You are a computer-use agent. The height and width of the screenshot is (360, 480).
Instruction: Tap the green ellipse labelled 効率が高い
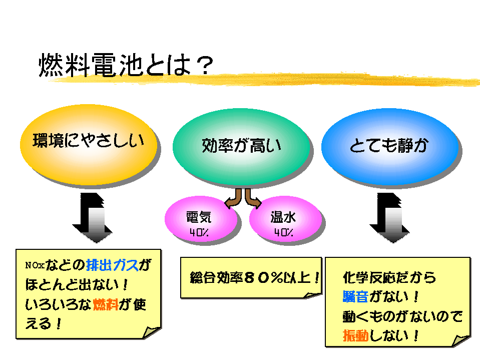(x=241, y=146)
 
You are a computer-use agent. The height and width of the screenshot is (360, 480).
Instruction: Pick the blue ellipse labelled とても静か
(x=389, y=146)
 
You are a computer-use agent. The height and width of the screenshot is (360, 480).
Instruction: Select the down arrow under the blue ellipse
(x=389, y=216)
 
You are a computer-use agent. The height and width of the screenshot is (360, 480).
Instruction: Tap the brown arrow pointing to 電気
(x=232, y=200)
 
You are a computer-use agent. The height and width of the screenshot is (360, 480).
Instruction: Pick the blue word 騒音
(x=355, y=296)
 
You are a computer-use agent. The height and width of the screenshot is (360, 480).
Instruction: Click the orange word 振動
(x=355, y=335)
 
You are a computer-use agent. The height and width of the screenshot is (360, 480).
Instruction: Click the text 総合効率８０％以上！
(x=254, y=278)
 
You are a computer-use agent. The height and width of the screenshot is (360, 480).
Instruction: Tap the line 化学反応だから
(x=389, y=277)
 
